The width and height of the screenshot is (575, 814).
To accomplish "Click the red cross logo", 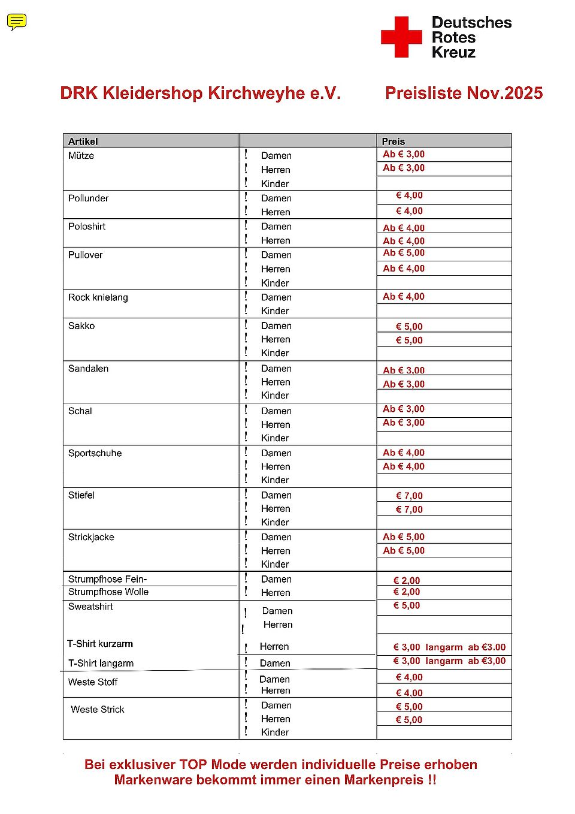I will coord(401,37).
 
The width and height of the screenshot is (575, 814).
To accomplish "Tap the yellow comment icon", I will coord(17,22).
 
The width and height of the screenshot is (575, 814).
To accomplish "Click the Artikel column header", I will coord(83,141).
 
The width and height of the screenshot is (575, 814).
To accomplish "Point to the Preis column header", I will coord(393,141).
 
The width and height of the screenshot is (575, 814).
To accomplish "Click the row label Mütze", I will coord(81,156).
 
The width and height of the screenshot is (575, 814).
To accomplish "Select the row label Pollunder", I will coord(88,198).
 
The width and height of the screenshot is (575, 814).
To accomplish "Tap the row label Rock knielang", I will coord(98,297).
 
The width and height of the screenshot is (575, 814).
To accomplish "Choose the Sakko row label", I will coord(81,326).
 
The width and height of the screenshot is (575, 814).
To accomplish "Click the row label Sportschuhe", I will coord(95,453).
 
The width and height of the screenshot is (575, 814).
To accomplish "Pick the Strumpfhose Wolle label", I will coord(108,592).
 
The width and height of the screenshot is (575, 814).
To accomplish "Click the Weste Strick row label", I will coord(97,710).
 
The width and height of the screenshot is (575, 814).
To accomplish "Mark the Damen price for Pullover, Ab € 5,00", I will coord(404,253).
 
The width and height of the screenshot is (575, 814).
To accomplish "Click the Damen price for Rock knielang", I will coord(404,297).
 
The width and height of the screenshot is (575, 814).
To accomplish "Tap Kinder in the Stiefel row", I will coord(275,522).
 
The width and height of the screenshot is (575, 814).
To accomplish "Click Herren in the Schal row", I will coord(276,424).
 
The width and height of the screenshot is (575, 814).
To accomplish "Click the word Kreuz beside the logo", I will coord(453,53).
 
